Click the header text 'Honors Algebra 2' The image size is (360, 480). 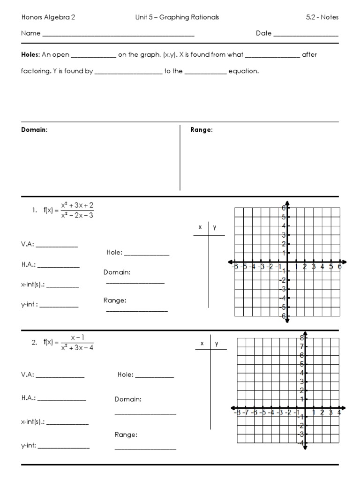48,17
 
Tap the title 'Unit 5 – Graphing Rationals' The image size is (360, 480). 177,17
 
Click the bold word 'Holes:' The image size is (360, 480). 30,54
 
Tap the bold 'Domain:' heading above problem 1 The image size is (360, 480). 34,130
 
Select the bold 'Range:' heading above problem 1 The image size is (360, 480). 202,130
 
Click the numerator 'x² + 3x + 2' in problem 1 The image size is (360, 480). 77,205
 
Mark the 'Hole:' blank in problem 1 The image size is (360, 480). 146,254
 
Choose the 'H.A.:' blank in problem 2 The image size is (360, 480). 62,399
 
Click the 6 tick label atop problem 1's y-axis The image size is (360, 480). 284,208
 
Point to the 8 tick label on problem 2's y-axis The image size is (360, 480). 302,337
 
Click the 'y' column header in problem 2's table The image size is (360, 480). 217,343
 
